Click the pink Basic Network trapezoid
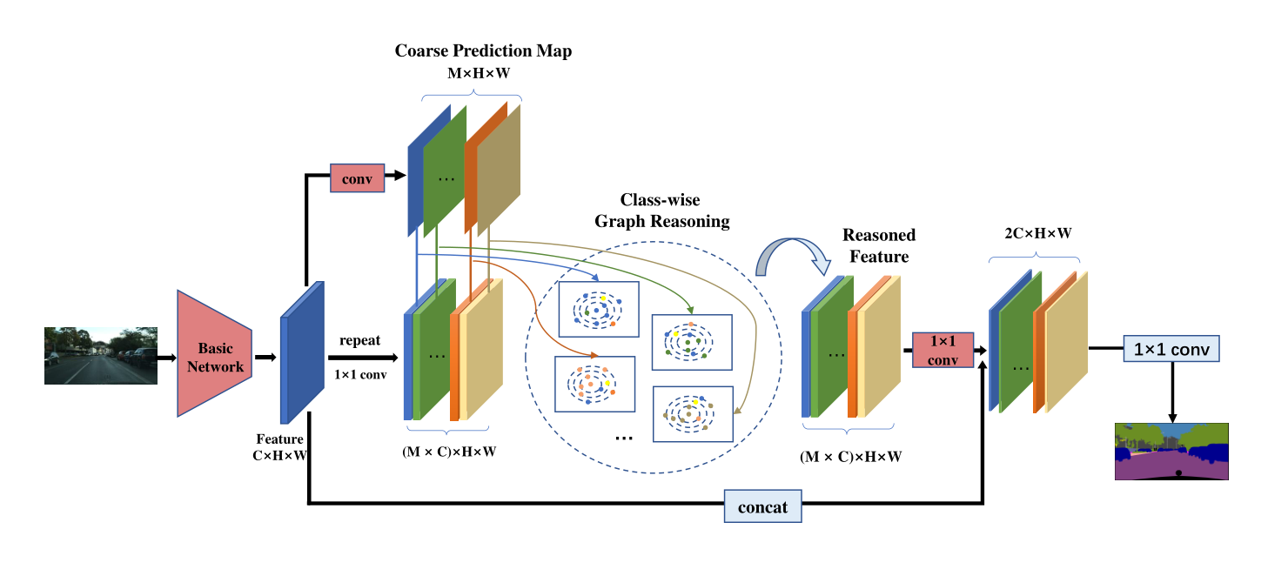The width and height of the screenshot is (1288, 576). (214, 354)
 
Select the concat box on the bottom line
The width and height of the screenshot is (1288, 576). (762, 506)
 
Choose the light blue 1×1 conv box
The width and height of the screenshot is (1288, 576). (1171, 350)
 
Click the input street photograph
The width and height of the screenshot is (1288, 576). (101, 355)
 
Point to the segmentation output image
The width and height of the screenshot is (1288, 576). (1171, 452)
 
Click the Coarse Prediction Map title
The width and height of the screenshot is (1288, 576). (483, 51)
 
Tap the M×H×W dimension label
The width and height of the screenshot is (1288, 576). (478, 75)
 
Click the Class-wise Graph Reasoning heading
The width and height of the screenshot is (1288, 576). (661, 211)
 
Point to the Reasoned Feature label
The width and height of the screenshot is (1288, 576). (878, 246)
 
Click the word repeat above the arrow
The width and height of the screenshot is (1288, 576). (359, 340)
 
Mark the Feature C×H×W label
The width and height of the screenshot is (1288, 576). (279, 446)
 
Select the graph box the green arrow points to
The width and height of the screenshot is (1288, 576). (692, 342)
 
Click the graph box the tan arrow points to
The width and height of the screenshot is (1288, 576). (693, 414)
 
